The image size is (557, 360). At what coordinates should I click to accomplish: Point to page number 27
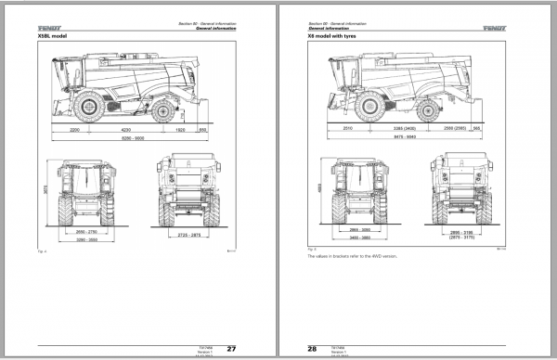click(231, 349)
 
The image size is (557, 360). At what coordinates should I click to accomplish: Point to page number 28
click(313, 349)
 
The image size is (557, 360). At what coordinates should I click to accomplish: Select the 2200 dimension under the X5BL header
click(75, 131)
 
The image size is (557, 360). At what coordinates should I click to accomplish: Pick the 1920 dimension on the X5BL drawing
click(181, 131)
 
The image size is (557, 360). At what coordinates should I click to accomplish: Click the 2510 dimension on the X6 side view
click(348, 127)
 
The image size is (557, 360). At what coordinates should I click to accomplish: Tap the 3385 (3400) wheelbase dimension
click(411, 127)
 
